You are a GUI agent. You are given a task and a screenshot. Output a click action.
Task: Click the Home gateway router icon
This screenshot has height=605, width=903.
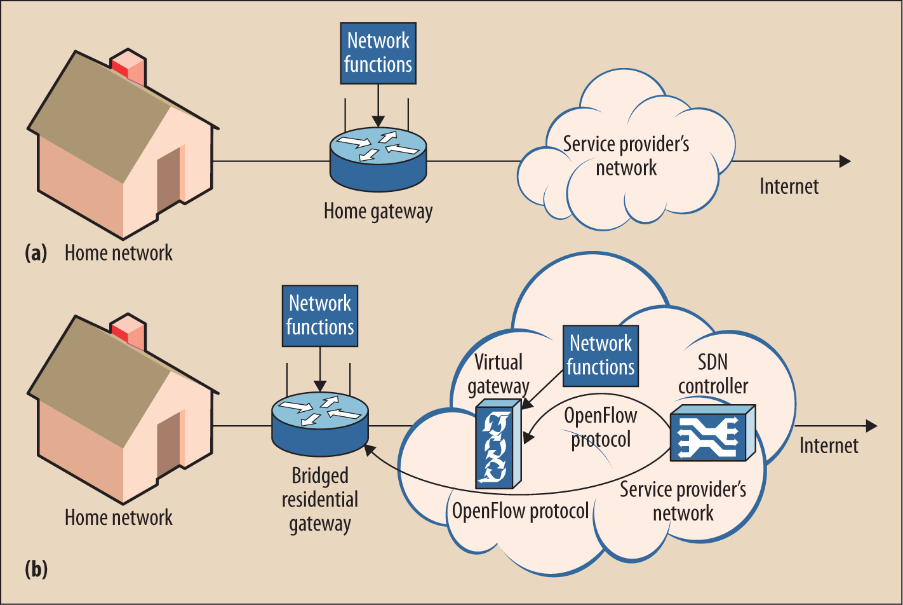pos(378,155)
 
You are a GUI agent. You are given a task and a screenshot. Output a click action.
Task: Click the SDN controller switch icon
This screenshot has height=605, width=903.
pos(712,434)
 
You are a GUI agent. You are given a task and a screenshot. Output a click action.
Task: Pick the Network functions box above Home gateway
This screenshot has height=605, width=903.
pos(378,52)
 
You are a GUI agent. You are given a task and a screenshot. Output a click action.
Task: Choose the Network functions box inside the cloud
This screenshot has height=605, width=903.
pos(601,355)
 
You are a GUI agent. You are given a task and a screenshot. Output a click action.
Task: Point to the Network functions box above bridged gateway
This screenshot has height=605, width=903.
pos(320,315)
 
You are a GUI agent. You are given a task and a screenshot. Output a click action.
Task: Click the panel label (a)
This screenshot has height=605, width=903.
pos(36,253)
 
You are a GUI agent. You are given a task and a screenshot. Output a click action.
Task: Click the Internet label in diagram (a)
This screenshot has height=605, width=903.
pos(789,186)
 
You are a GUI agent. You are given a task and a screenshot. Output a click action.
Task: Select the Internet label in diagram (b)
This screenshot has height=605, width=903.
pos(829,445)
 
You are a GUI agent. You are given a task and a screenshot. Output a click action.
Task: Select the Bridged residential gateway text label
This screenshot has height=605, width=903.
pos(320,500)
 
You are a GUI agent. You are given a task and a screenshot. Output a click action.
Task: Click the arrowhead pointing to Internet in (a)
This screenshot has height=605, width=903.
pos(845,161)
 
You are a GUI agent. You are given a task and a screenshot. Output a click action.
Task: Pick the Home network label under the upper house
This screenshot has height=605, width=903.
pos(119,253)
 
